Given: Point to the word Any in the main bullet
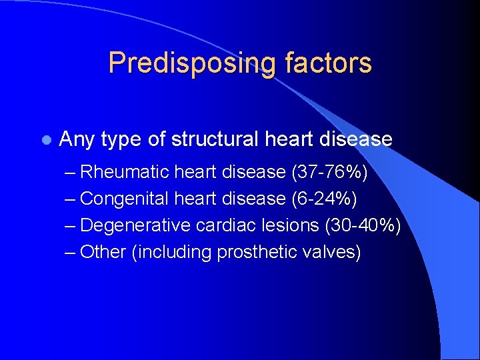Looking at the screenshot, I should [76, 139].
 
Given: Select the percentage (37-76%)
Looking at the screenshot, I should [329, 172].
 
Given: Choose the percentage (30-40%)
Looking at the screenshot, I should [362, 225].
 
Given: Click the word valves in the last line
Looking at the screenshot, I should [333, 252].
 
